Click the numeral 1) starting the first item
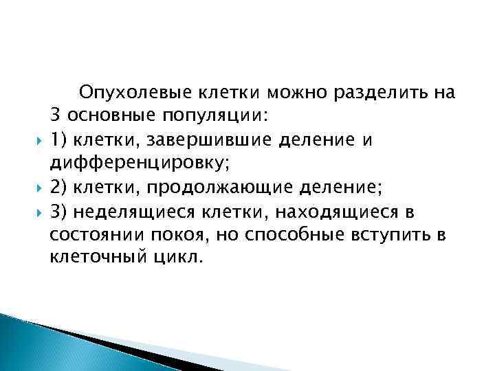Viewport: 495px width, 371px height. (58, 140)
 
